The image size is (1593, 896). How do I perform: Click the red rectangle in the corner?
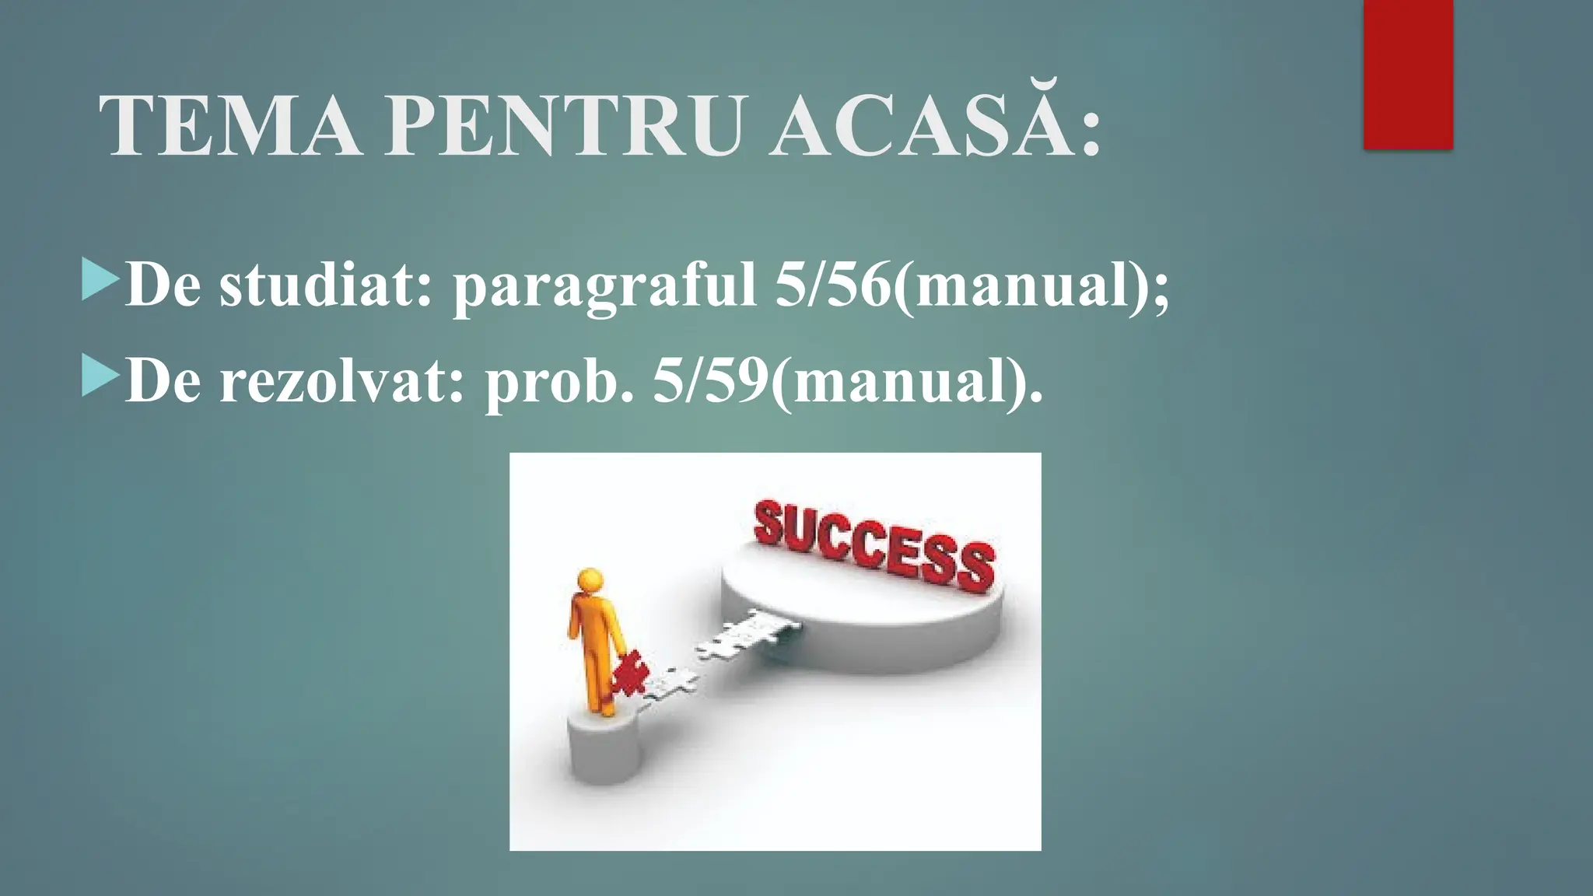click(1408, 74)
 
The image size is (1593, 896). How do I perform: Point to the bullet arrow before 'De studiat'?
click(100, 282)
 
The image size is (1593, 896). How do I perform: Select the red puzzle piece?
click(628, 674)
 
